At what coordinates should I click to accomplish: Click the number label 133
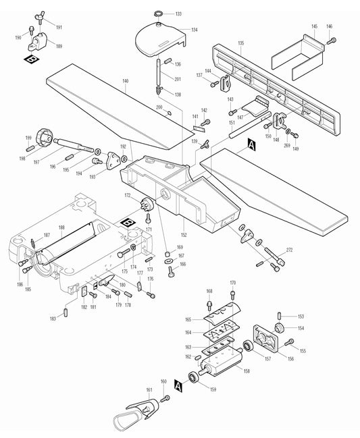click(178, 13)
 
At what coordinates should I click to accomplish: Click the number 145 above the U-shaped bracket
click(314, 26)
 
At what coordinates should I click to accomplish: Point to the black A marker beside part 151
click(252, 144)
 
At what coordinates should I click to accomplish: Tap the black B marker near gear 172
click(126, 221)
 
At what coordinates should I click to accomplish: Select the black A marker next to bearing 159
click(178, 385)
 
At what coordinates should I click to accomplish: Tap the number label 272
click(290, 251)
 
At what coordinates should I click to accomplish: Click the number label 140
click(125, 81)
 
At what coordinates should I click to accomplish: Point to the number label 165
click(190, 319)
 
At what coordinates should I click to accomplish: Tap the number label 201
click(178, 80)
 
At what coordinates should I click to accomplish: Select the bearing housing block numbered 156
click(268, 339)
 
